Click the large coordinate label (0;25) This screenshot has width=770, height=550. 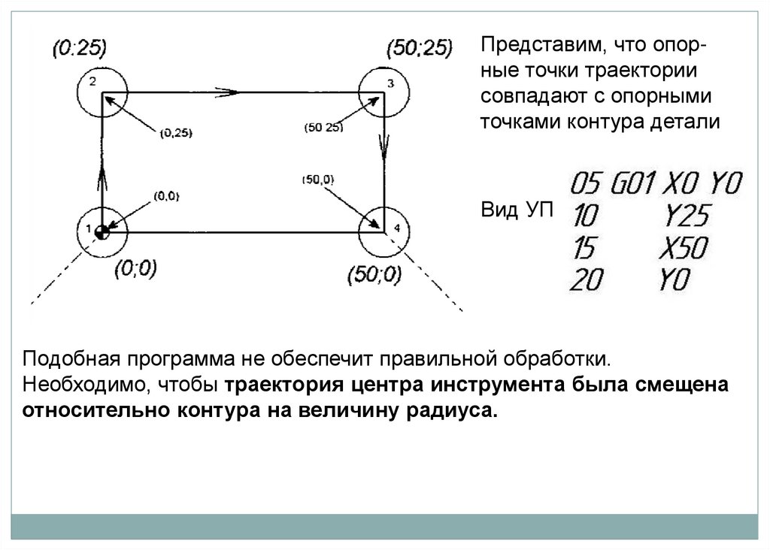pyautogui.click(x=80, y=50)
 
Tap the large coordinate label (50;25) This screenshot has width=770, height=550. pyautogui.click(x=418, y=50)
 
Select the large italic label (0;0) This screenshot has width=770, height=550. pyautogui.click(x=135, y=268)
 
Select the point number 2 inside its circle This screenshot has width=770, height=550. pyautogui.click(x=92, y=82)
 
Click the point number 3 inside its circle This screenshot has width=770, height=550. pyautogui.click(x=390, y=84)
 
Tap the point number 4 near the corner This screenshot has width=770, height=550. pyautogui.click(x=397, y=228)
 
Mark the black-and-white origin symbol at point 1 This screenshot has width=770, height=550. pyautogui.click(x=102, y=231)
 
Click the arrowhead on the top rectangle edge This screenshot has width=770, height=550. pyautogui.click(x=229, y=92)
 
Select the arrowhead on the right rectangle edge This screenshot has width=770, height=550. pyautogui.click(x=385, y=147)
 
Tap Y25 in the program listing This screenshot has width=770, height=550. pyautogui.click(x=687, y=217)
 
